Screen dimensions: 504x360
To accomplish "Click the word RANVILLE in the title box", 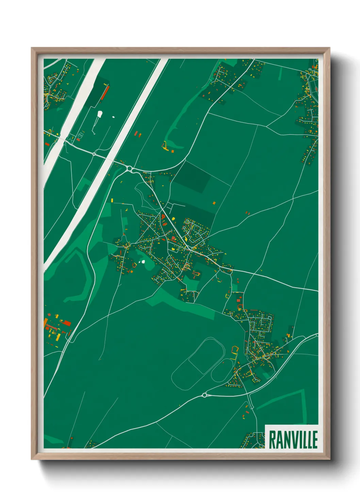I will (x=293, y=440).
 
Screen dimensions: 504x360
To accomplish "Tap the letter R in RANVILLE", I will (x=273, y=440).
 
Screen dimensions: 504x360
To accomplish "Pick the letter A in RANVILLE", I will (x=280, y=440).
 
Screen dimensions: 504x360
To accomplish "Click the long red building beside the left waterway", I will (x=105, y=93).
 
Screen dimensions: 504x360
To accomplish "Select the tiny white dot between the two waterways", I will (x=113, y=117).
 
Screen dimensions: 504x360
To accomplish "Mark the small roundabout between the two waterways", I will (x=94, y=154).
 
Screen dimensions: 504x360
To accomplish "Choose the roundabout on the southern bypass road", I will (x=204, y=395).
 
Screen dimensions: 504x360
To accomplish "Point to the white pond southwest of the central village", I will (x=143, y=262).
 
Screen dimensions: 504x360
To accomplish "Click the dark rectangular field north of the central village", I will (x=193, y=176).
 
